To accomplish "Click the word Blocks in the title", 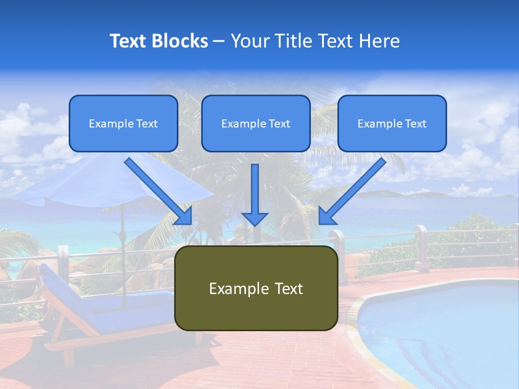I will tap(179, 41).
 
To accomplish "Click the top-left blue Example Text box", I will tap(123, 123).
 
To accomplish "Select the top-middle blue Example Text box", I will tap(256, 123).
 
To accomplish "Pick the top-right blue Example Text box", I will tap(392, 123).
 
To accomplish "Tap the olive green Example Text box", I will tap(256, 288).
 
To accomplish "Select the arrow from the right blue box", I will tap(352, 191).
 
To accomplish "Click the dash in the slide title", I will tap(219, 41).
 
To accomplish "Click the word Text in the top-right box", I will tap(416, 124).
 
